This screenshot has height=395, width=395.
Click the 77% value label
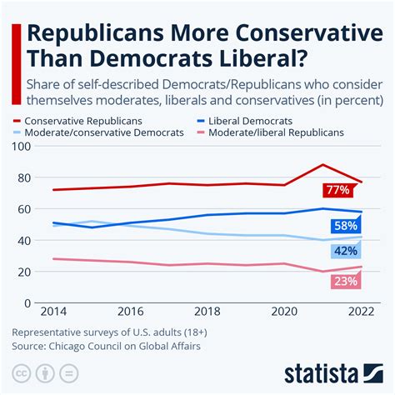click(337, 190)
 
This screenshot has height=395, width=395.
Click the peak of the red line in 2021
click(322, 165)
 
